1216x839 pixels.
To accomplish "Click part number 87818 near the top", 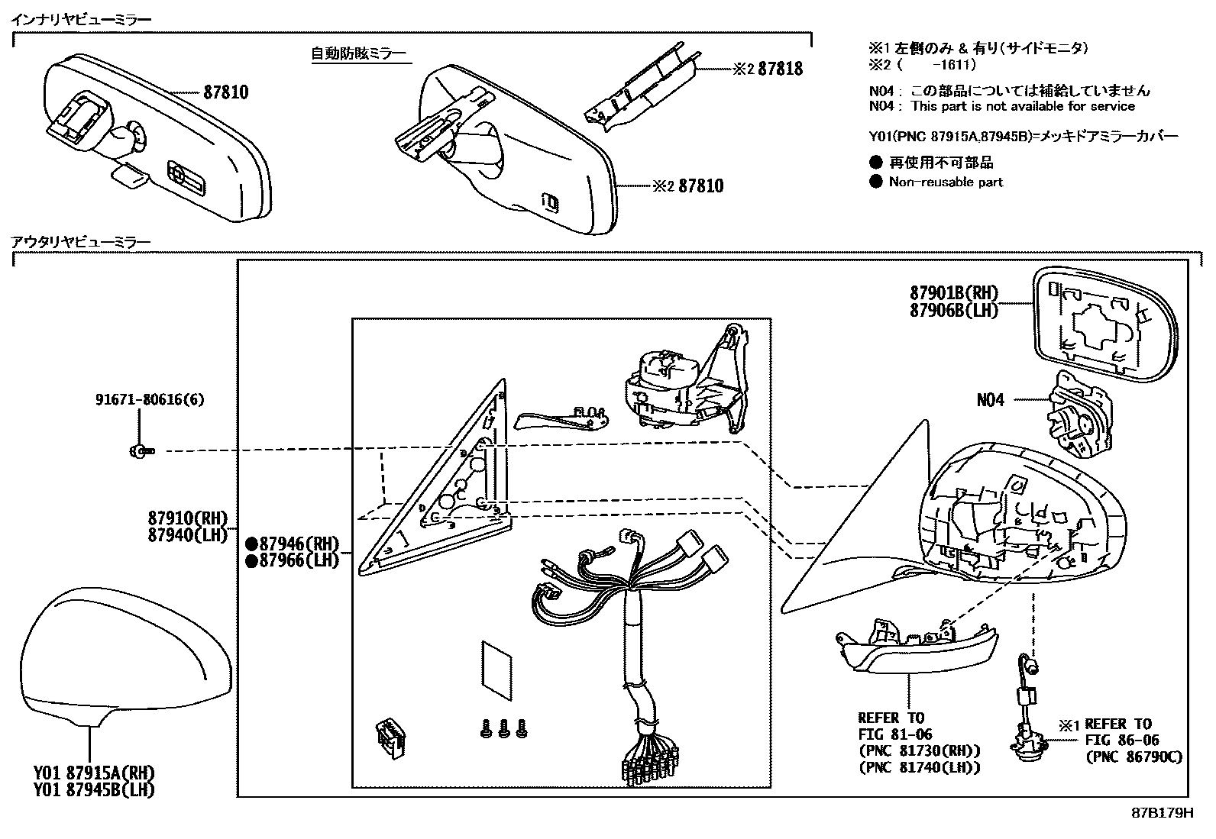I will [780, 69].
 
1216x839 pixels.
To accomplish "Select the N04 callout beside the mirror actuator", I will [990, 399].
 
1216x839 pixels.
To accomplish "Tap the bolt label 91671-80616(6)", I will [150, 399].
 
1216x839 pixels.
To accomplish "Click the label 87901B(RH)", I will [953, 292].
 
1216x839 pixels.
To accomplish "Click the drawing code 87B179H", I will [1162, 812].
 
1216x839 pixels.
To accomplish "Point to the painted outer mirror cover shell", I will [122, 657].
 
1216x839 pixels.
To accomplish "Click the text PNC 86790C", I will [1134, 757].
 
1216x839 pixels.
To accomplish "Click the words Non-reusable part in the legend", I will [946, 182].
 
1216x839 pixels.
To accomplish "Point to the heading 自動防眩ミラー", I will [358, 53].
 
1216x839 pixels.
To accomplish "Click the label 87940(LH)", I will [188, 535].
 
